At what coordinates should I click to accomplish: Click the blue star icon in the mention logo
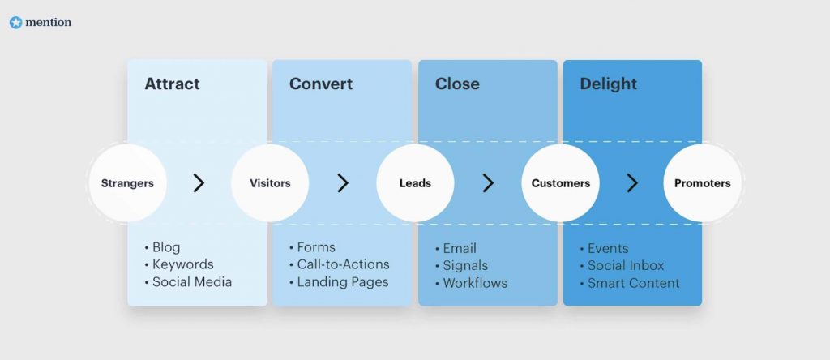point(16,23)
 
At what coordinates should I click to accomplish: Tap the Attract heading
point(172,84)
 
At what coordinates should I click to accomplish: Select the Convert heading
point(321,84)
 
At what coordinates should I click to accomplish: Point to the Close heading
point(457,84)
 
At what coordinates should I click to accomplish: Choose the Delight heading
point(608,84)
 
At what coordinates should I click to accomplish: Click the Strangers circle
point(127,183)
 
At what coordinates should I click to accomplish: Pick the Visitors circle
point(270,183)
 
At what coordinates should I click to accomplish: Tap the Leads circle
point(415,183)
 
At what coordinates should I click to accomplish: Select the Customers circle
point(561,183)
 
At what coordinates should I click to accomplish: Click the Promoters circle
point(703,183)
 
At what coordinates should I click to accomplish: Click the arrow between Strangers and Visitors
point(199,183)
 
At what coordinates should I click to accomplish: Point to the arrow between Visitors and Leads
point(343,183)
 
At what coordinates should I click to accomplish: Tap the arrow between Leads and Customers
point(488,183)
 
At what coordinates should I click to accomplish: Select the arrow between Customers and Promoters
point(632,183)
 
